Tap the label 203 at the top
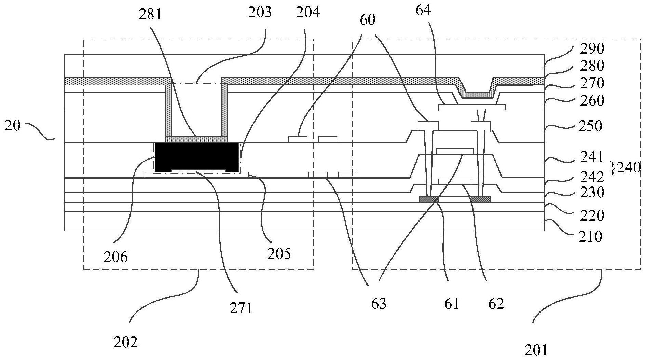(260, 13)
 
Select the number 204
(308, 12)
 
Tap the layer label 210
(590, 236)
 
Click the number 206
(116, 257)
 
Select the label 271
(241, 308)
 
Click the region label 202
(126, 342)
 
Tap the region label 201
(536, 350)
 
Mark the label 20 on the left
(13, 126)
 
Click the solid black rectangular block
(197, 157)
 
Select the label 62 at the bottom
(496, 303)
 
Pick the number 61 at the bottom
(452, 303)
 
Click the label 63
(379, 303)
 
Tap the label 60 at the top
(368, 20)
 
